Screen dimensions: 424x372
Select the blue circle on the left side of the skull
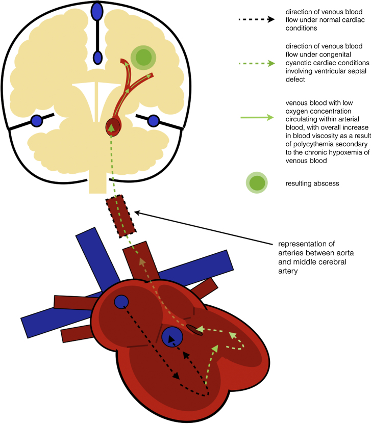(x=36, y=121)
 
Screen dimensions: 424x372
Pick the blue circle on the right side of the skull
(x=153, y=121)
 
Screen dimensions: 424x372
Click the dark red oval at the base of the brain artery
(x=112, y=127)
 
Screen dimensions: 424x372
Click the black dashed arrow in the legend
(x=257, y=19)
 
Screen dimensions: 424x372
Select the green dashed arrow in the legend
(x=257, y=64)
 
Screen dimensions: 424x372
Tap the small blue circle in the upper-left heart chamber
(x=121, y=302)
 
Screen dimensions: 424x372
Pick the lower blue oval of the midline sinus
(x=98, y=57)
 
